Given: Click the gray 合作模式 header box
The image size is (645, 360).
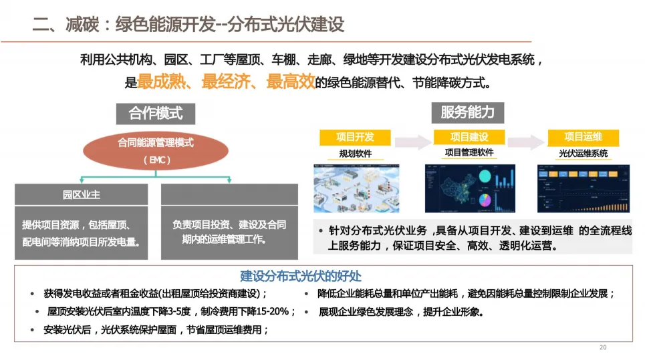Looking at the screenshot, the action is (x=155, y=114).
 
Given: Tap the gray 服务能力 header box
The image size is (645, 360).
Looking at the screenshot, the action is (x=467, y=112).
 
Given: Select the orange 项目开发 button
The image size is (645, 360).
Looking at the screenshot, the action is (x=355, y=137).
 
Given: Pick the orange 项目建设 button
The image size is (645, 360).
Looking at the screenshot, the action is (x=469, y=137).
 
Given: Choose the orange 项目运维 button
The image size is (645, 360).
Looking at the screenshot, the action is (x=583, y=137).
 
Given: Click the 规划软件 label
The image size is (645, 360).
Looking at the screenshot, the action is (x=355, y=154).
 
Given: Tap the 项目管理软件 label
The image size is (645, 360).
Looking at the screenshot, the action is (x=469, y=152).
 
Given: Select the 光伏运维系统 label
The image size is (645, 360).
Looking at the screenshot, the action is (x=583, y=154).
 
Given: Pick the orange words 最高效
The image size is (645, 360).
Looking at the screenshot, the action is (x=289, y=83).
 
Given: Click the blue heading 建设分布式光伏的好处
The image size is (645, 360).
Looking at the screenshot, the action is (x=301, y=276).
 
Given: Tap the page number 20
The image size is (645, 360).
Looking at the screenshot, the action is (x=603, y=348).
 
